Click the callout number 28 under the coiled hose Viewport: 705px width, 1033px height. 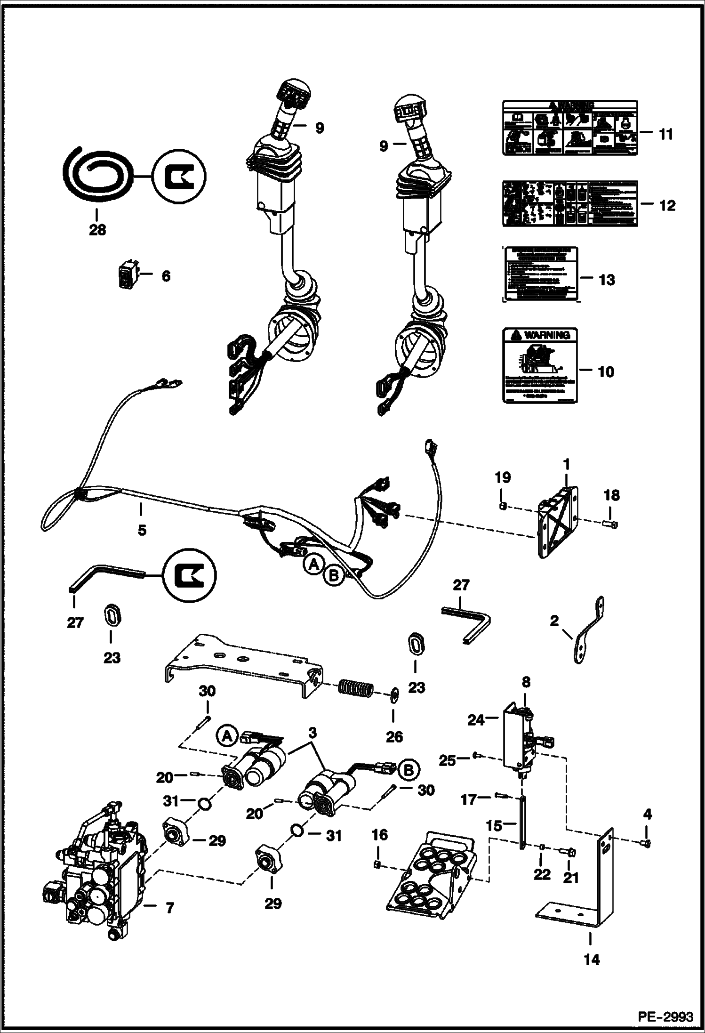98,230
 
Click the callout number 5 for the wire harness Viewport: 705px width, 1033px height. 142,530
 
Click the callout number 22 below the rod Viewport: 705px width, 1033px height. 542,874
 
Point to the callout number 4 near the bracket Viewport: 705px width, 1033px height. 647,814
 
